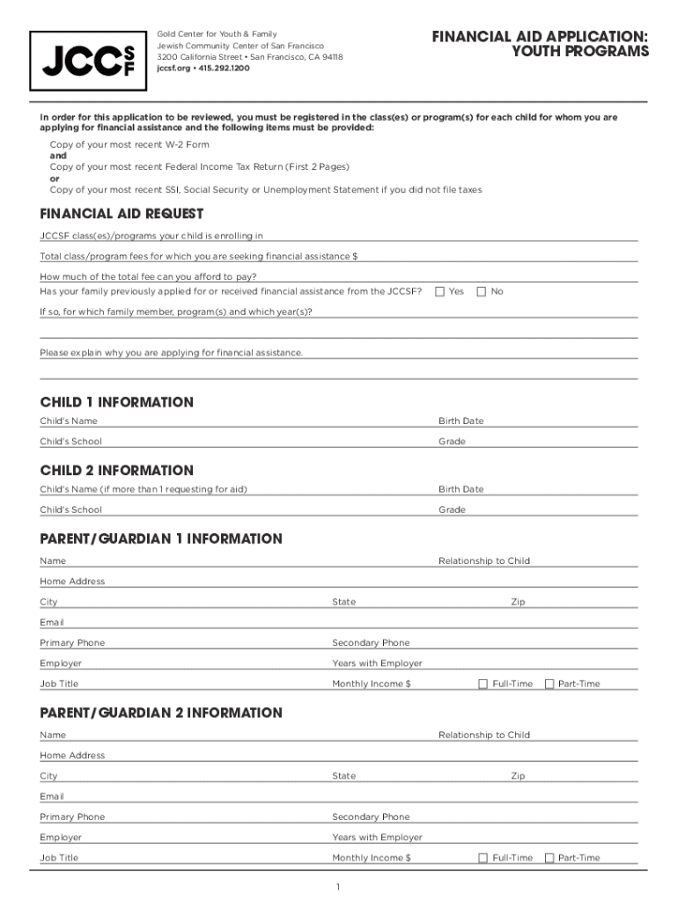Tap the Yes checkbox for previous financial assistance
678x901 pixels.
coord(439,291)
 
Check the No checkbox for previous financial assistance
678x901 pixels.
coord(481,291)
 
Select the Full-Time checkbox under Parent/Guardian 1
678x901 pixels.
coord(483,684)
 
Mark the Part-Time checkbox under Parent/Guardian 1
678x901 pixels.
coord(549,684)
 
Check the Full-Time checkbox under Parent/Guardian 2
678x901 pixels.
coord(483,858)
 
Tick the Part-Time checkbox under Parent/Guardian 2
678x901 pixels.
coord(549,858)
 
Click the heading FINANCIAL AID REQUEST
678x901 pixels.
coord(122,214)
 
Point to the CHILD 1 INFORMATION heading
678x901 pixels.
coord(116,402)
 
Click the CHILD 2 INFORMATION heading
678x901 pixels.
coord(116,471)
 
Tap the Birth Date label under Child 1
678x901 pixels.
coord(461,421)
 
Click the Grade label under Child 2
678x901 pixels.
coord(452,510)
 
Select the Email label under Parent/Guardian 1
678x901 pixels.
coord(52,622)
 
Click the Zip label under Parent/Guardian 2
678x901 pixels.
coord(518,776)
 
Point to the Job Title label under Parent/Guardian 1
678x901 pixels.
coord(59,684)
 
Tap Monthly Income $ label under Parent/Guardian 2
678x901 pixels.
coord(372,858)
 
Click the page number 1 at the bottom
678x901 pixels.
coord(338,886)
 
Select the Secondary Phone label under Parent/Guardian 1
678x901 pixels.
coord(371,643)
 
